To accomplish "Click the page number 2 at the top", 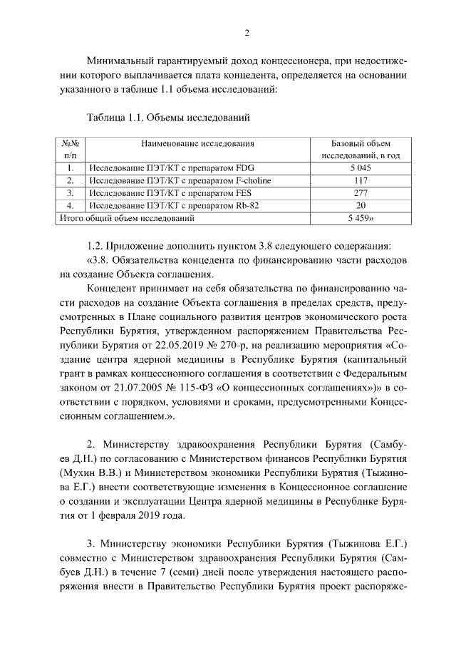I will point(247,32).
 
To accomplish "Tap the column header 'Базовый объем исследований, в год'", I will point(361,150).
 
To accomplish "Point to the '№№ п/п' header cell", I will point(71,150).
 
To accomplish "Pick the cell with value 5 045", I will point(361,168).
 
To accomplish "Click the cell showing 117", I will point(361,180).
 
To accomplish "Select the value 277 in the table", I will point(361,193).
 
